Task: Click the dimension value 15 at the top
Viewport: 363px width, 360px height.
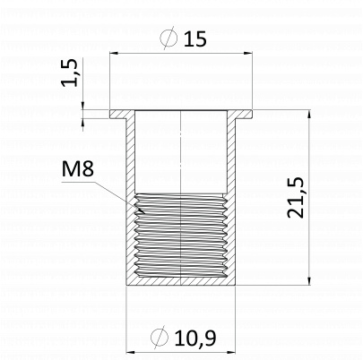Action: pyautogui.click(x=194, y=39)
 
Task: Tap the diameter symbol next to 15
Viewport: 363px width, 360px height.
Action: pyautogui.click(x=169, y=38)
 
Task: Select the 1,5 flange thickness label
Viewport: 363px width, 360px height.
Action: pyautogui.click(x=70, y=73)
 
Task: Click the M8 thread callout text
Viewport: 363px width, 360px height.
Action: pyautogui.click(x=78, y=168)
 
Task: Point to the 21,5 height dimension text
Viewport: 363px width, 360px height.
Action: pyautogui.click(x=296, y=198)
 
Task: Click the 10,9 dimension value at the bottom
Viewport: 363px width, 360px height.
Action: pyautogui.click(x=195, y=339)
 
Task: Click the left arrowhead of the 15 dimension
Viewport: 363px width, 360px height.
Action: pyautogui.click(x=114, y=54)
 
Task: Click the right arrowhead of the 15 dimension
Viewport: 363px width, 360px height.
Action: pyautogui.click(x=248, y=54)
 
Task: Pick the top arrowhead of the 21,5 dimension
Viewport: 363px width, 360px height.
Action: pyautogui.click(x=309, y=115)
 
